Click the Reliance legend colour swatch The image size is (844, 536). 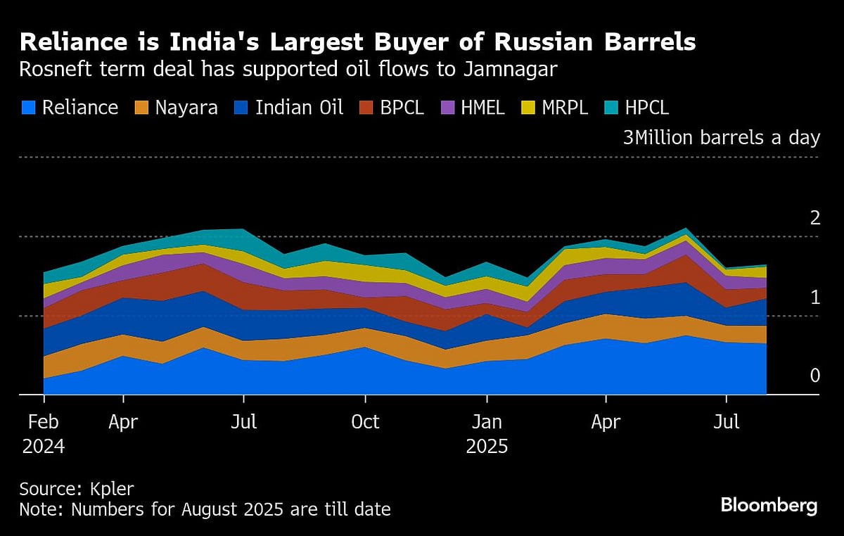pos(28,108)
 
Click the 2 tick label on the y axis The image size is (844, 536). pos(815,218)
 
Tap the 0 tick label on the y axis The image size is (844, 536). pos(815,376)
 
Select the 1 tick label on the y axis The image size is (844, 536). pos(815,298)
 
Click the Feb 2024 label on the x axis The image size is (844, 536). pos(44,434)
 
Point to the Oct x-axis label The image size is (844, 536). pos(365,422)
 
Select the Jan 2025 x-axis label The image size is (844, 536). pos(487,434)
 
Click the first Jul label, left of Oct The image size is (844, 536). pos(243,422)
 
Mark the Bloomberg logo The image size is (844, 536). pos(769,505)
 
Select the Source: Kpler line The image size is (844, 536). pos(76,489)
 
